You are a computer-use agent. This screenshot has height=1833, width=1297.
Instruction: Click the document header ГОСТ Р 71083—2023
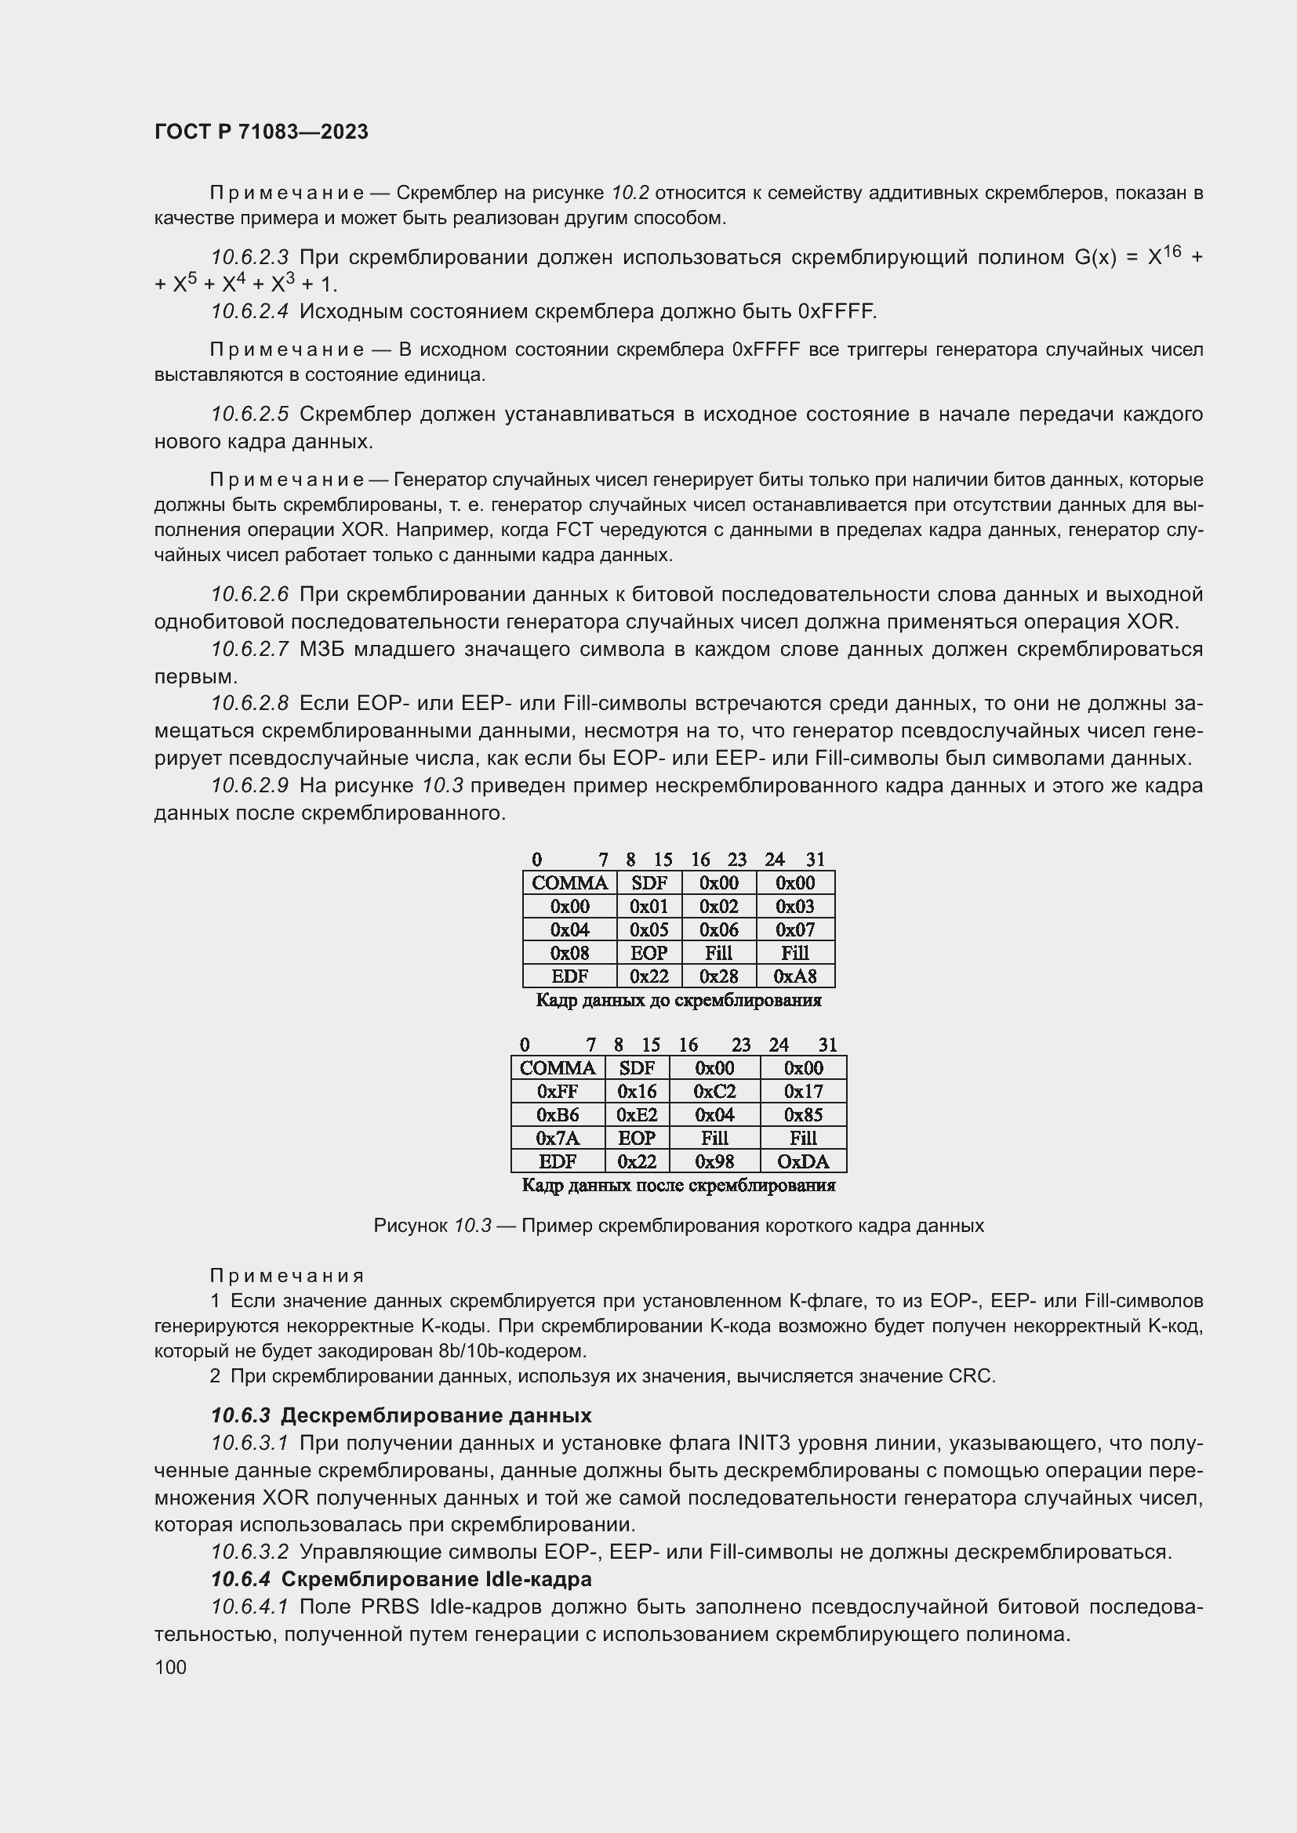[x=261, y=132]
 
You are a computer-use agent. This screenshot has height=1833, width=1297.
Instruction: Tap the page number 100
[x=170, y=1667]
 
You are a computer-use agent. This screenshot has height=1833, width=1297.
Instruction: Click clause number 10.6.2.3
[x=249, y=257]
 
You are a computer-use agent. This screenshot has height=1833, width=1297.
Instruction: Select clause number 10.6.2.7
[x=249, y=649]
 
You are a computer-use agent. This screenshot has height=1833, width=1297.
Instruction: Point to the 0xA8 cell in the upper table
[x=794, y=976]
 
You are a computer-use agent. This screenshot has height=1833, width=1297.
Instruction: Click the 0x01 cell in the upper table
[x=648, y=906]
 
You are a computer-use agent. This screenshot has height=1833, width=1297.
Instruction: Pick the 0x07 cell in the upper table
[x=794, y=929]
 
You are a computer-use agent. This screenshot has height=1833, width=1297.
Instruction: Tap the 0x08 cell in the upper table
[x=569, y=953]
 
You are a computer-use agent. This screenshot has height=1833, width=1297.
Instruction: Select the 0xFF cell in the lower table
[x=558, y=1092]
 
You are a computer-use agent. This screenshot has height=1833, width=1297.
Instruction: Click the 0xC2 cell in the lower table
[x=715, y=1092]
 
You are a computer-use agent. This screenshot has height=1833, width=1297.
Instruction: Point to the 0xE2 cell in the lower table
[x=637, y=1114]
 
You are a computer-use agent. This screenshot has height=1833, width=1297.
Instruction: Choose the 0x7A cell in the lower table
[x=558, y=1138]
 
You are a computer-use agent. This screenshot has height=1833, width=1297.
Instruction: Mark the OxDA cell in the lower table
[x=803, y=1161]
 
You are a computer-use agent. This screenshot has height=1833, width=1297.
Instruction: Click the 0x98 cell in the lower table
[x=715, y=1161]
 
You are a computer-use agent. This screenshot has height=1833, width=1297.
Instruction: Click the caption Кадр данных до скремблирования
[x=678, y=1000]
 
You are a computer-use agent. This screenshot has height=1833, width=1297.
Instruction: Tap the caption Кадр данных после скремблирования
[x=678, y=1186]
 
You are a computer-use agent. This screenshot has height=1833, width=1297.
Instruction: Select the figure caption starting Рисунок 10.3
[x=678, y=1226]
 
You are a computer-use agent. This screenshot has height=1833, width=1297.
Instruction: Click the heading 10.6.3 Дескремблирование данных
[x=401, y=1415]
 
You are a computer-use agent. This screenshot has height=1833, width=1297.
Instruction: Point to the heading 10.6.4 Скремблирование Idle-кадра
[x=401, y=1579]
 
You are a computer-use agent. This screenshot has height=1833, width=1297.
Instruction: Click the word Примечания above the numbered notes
[x=287, y=1276]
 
